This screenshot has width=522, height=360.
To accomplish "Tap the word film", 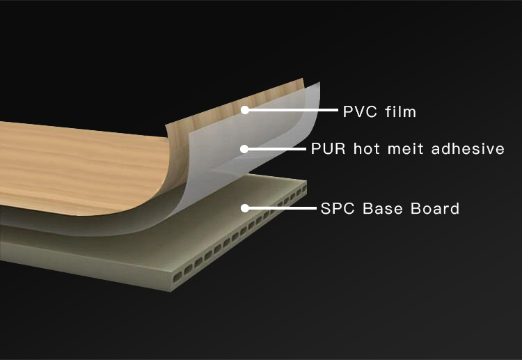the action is pos(401,111).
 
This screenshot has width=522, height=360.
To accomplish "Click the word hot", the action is pos(367,148).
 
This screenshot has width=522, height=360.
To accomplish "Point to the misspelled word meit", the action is pos(405,148).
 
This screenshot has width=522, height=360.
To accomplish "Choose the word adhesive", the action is pos(468,148).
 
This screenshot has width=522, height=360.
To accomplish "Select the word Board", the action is pos(435,208).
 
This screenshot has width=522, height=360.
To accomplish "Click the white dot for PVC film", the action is pos(245,110).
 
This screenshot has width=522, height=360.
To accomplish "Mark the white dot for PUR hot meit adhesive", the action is pos(244,149).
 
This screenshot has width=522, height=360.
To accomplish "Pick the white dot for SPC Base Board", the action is pos(245,208).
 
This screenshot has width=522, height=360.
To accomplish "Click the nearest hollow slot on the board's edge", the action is pos(177,276).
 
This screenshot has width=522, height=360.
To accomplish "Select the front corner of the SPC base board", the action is pos(171,292).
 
